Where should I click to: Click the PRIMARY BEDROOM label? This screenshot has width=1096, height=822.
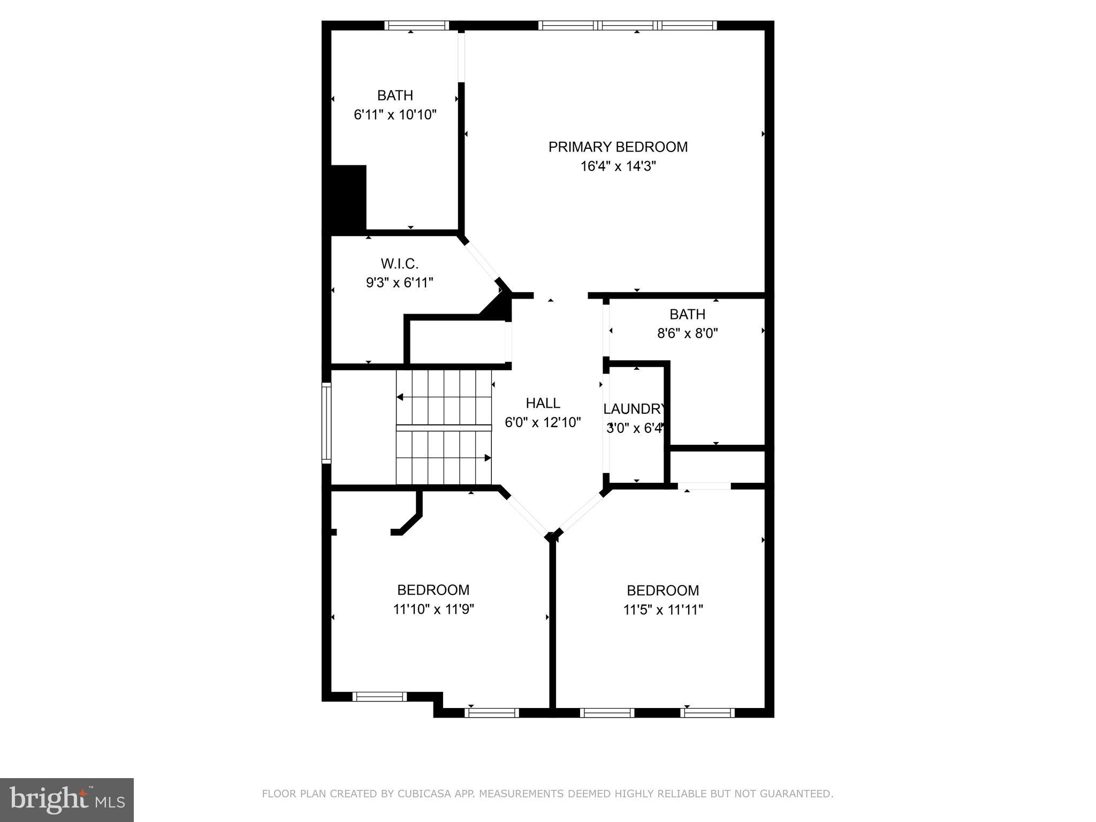tap(618, 147)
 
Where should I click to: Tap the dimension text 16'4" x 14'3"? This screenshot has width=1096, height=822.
tap(618, 166)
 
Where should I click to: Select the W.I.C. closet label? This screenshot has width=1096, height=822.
tap(399, 263)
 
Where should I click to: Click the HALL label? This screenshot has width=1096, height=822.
tap(543, 403)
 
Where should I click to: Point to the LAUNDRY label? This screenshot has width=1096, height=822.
tap(635, 409)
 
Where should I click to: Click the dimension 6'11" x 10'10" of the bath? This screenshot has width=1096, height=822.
tap(395, 115)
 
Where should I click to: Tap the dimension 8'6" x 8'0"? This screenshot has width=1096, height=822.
tap(687, 333)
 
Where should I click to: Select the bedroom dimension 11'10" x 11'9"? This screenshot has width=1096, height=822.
tap(433, 609)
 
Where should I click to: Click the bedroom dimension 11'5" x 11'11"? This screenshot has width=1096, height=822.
tap(663, 610)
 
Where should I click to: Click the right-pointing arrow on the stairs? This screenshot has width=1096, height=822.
tap(487, 458)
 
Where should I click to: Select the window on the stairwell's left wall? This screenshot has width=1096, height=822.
tap(326, 423)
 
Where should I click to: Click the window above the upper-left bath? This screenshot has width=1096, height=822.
tap(416, 25)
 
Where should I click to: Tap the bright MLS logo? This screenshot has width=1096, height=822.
tap(67, 800)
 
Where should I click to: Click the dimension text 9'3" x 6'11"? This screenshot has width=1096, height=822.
tap(399, 283)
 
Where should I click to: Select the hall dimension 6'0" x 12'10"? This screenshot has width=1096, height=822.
tap(543, 423)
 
